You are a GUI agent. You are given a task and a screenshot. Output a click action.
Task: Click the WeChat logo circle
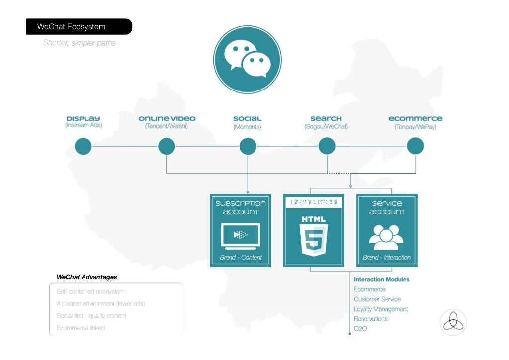(247, 60)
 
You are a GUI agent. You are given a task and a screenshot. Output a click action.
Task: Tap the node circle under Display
(83, 146)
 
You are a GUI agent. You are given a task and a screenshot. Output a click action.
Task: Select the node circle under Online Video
(167, 146)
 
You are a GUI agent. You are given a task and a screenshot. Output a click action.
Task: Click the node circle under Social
(248, 146)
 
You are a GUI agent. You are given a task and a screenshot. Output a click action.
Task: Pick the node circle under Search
(327, 146)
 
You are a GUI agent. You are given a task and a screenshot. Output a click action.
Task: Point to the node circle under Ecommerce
(415, 146)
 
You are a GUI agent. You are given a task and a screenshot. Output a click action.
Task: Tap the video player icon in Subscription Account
(241, 235)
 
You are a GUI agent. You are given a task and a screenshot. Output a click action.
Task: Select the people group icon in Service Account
(387, 237)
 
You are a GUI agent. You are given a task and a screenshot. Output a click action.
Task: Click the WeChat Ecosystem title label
(71, 27)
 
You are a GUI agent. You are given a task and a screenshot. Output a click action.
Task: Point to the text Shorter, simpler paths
(80, 43)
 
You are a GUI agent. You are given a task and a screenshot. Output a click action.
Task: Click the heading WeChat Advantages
(87, 277)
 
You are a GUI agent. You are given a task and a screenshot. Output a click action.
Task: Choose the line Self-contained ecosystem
(90, 291)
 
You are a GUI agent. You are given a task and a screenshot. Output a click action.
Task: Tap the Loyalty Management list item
(381, 309)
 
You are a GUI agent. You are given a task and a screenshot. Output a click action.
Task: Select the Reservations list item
(371, 319)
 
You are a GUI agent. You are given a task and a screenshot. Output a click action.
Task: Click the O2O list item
(360, 329)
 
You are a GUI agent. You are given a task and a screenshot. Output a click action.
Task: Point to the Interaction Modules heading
(382, 279)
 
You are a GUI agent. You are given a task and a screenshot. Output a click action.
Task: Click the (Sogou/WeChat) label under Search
(326, 127)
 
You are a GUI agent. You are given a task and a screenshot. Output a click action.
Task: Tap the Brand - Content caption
(241, 258)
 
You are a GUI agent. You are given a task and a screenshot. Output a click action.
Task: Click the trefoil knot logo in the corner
(453, 322)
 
